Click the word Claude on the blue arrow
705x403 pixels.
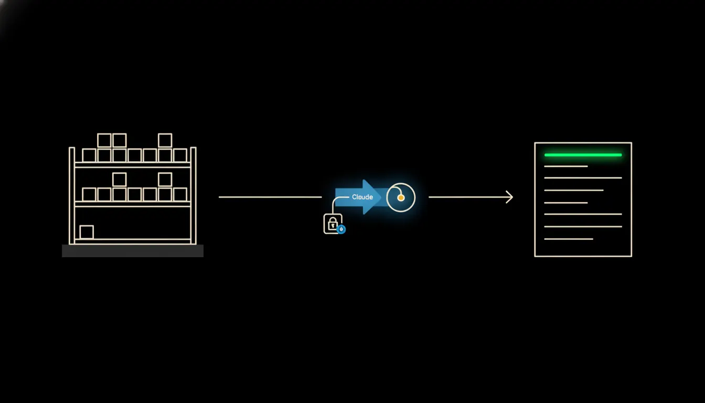point(362,197)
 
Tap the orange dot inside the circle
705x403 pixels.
point(401,198)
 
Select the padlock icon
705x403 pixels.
point(333,224)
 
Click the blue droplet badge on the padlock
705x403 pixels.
point(341,229)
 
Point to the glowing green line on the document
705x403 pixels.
point(583,155)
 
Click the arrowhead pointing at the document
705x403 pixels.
point(510,197)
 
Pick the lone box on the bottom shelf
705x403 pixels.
point(87,232)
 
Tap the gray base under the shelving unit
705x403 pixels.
point(133,251)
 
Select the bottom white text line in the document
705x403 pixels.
point(569,239)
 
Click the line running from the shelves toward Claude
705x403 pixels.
point(270,197)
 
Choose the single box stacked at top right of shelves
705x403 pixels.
point(165,141)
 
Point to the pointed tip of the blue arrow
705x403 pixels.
point(381,197)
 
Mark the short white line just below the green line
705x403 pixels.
point(566,166)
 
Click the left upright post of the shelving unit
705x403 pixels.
point(72,196)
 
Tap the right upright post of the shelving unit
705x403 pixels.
point(193,196)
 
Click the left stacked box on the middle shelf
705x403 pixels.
point(119,180)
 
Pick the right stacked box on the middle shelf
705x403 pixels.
point(165,180)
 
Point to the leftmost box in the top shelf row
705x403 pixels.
point(89,155)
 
